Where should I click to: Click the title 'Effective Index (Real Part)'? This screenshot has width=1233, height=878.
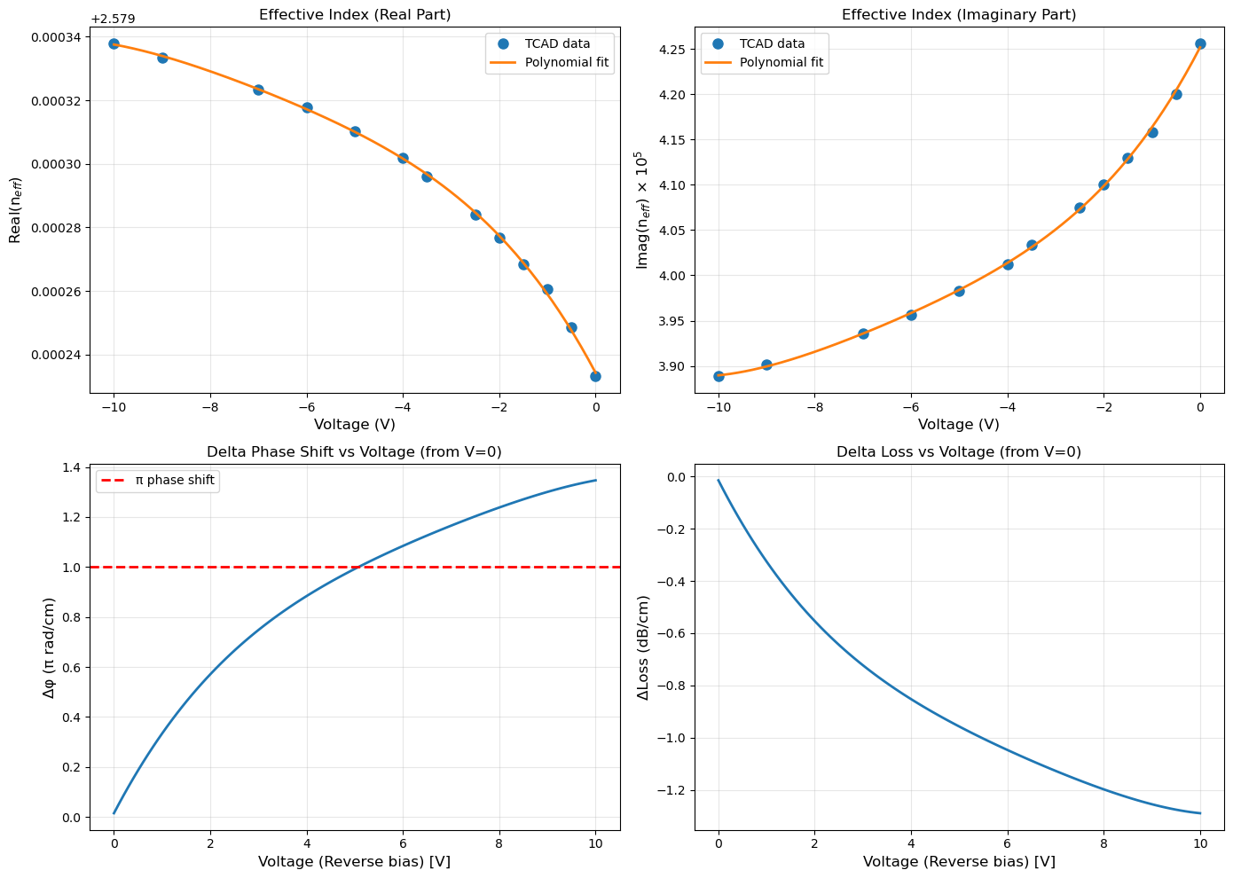coord(355,14)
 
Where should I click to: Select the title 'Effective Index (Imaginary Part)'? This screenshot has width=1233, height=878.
coord(959,14)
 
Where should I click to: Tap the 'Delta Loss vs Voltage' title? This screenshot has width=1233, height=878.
coord(959,452)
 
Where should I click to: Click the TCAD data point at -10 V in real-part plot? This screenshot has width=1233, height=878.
coord(114,43)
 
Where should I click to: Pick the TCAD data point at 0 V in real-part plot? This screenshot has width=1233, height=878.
coord(595,376)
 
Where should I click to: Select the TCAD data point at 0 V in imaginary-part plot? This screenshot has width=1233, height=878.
coord(1200,43)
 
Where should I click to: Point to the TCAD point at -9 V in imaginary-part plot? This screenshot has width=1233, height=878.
coord(766,365)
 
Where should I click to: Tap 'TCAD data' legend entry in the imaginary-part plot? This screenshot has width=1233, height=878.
coord(772,43)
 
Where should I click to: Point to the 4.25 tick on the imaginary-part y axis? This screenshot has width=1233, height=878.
coord(672,50)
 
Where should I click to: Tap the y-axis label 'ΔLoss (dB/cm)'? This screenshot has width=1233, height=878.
coord(645,647)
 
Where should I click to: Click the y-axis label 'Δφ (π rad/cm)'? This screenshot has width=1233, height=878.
coord(50,647)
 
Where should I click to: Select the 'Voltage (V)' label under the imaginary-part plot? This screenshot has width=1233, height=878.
coord(959,425)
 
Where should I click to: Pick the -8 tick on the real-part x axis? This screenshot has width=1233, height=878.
coord(210,407)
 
